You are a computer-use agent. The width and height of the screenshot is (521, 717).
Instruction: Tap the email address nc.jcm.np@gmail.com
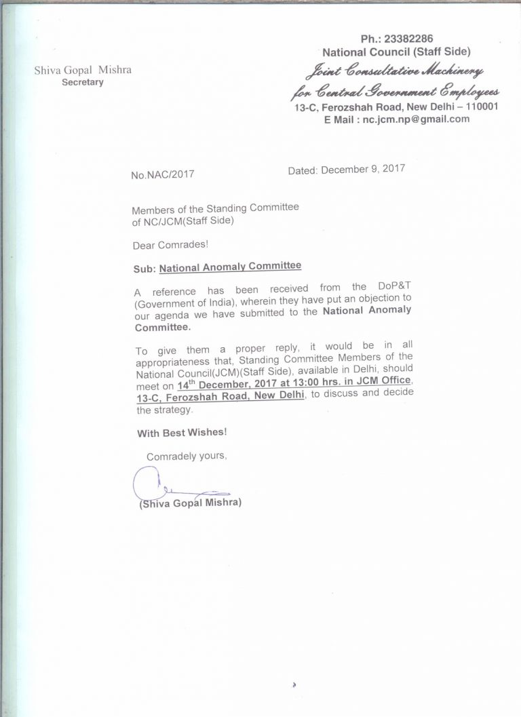tap(416, 119)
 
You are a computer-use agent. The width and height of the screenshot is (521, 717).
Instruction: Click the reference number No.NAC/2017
tap(163, 174)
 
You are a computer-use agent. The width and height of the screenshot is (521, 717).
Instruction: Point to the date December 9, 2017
tap(363, 169)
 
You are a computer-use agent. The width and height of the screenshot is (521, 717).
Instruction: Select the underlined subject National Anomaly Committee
tap(230, 267)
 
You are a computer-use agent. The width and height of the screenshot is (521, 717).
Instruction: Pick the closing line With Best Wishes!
tap(182, 432)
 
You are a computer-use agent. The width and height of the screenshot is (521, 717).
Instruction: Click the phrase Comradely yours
tap(186, 456)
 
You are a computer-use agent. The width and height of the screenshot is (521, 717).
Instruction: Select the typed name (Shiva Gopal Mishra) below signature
tap(191, 504)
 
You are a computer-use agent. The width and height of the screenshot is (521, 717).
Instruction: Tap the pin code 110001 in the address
tap(479, 106)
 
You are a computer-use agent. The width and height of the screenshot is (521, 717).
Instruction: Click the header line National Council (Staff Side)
tap(396, 52)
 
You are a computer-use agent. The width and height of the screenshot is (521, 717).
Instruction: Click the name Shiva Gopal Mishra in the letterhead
tap(83, 70)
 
